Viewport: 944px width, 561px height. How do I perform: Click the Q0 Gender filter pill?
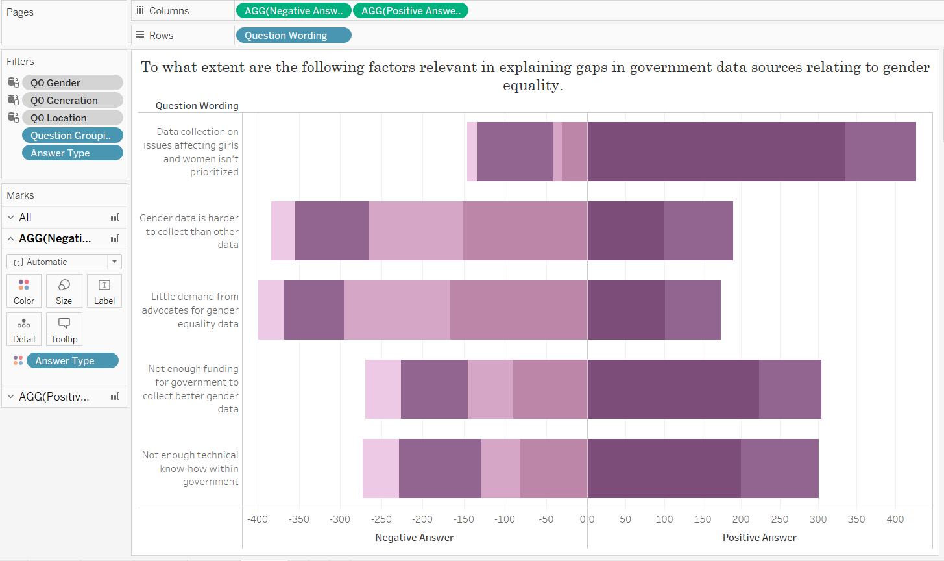72,82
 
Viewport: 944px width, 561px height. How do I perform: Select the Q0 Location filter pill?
72,118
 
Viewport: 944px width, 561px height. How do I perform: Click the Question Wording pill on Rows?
293,36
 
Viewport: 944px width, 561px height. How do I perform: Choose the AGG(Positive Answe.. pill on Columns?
410,11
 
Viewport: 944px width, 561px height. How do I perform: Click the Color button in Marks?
24,291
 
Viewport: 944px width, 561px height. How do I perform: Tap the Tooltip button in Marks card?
64,329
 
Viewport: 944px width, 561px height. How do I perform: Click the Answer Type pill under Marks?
72,361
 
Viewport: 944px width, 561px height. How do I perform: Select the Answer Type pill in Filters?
72,153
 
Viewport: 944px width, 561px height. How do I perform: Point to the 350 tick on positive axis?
856,519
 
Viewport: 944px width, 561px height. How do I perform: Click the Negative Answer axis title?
414,538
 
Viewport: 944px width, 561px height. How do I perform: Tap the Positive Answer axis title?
759,538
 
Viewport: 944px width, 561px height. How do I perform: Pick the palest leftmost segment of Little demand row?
271,310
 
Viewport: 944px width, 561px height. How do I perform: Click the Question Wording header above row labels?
197,106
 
